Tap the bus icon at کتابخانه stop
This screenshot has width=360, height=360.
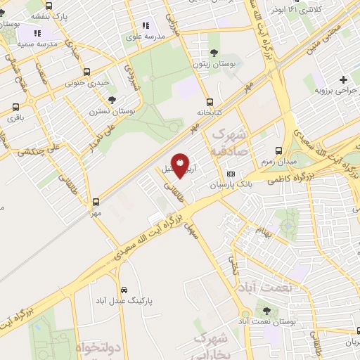(210, 101)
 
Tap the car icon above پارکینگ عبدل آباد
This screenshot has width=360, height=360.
(124, 290)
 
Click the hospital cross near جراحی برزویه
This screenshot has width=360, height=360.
(343, 79)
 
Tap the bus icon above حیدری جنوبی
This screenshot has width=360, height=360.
(86, 72)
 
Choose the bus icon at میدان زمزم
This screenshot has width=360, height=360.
(279, 150)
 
